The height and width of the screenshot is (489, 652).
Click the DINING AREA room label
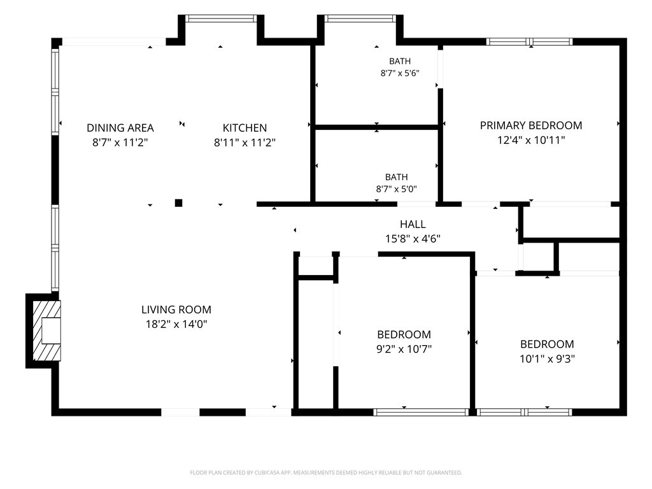(x=120, y=127)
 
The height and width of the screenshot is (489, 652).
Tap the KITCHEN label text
(x=244, y=127)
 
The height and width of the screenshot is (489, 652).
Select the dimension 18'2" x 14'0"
(x=176, y=324)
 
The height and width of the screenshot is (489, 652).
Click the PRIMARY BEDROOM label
(x=531, y=125)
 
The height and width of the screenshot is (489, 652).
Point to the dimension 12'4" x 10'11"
(x=531, y=139)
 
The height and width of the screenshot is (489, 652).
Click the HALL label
(x=413, y=224)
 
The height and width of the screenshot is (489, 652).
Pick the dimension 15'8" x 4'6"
(x=413, y=239)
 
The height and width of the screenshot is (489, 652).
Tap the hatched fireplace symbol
(x=46, y=330)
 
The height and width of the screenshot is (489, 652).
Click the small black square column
(x=178, y=203)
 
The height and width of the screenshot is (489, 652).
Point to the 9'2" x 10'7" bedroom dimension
(x=404, y=348)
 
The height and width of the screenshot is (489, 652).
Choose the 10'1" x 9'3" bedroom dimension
(x=547, y=358)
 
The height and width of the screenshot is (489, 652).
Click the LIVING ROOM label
(x=176, y=309)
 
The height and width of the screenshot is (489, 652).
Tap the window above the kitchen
(x=221, y=18)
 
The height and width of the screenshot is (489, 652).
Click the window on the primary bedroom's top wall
(x=529, y=41)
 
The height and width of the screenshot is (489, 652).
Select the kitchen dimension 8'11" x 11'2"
(x=244, y=142)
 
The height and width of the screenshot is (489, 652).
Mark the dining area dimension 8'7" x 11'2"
(x=120, y=142)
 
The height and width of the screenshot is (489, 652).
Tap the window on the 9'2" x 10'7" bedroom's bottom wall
(x=421, y=412)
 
